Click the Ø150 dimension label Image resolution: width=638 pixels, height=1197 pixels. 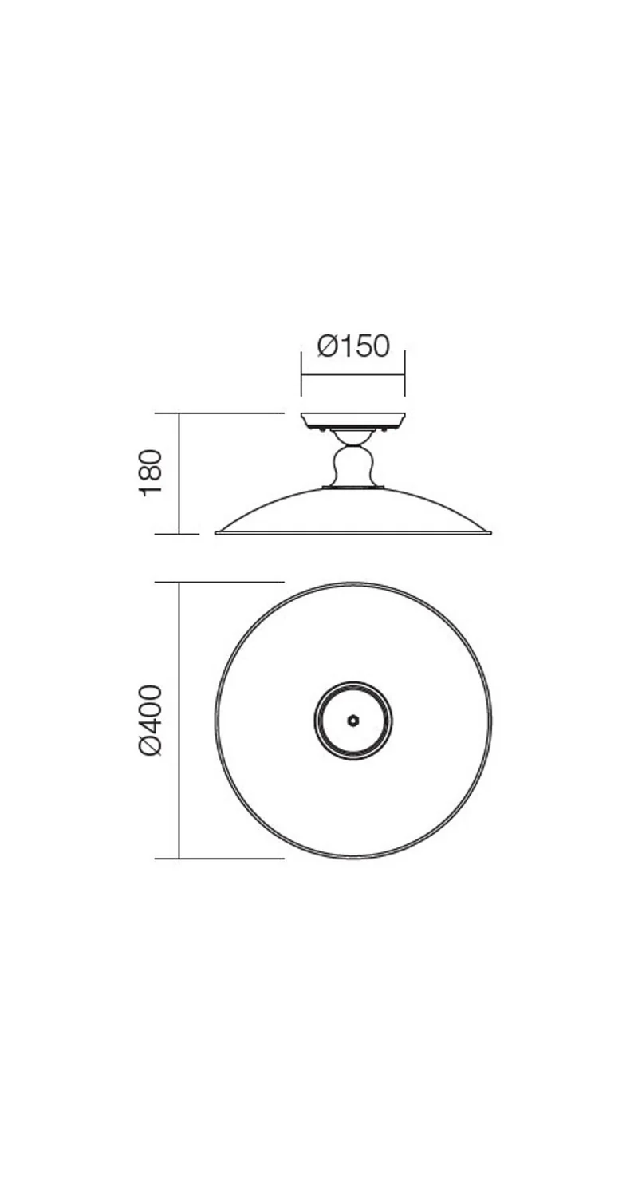(353, 346)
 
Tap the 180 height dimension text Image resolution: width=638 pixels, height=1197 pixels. (150, 473)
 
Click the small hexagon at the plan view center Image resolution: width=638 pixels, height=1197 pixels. (353, 721)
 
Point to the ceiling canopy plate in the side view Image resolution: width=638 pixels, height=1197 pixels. (353, 420)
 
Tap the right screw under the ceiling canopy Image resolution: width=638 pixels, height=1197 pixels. (385, 429)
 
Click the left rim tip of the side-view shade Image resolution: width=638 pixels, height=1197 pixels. (216, 532)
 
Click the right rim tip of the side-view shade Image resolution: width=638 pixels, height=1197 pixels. (490, 532)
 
